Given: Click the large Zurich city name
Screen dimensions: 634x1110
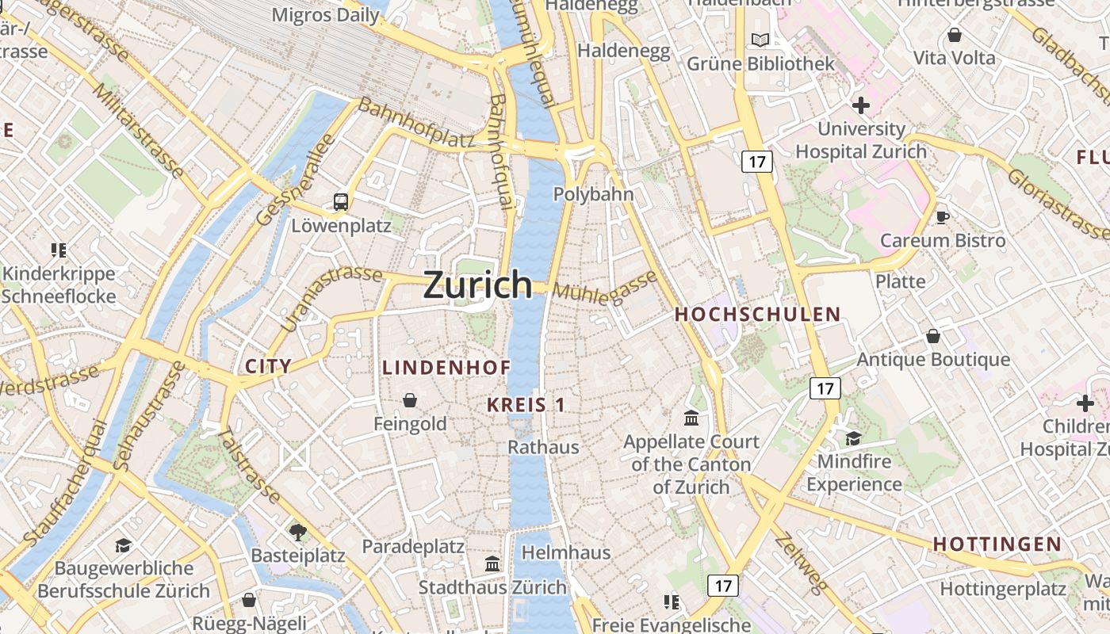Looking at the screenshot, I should point(477,285).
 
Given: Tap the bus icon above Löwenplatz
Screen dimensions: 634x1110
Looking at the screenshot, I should point(341,202).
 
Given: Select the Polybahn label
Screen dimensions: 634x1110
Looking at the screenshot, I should point(593,194).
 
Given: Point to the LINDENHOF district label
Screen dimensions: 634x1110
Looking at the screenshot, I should point(446,368).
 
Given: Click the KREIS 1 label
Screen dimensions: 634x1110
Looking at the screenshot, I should point(526,405).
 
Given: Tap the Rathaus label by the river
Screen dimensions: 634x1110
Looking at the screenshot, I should point(543,447).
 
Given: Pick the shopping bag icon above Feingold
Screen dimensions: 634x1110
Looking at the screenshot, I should point(410,400).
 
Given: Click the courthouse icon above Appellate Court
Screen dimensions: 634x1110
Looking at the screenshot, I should point(691,418).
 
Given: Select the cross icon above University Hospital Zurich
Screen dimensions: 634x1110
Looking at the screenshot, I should point(860,105).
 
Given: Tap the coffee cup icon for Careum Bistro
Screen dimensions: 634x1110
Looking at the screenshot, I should point(942,217).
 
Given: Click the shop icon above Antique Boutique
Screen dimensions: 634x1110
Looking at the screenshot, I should point(933,336).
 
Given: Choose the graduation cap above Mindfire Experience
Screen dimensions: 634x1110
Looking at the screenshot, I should point(853,438).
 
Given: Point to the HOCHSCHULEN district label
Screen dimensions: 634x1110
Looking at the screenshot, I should point(757,315).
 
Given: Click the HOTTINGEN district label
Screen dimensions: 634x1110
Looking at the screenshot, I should point(997,544).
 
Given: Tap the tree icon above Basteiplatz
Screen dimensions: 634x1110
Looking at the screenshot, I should point(298,532).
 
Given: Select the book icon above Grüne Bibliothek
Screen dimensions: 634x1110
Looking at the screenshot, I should point(760,40).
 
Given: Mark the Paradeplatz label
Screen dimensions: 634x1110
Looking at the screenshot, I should point(412,547).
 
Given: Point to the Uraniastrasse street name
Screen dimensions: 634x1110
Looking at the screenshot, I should point(331,298).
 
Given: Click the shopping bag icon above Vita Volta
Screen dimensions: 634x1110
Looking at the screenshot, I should point(955,35).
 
